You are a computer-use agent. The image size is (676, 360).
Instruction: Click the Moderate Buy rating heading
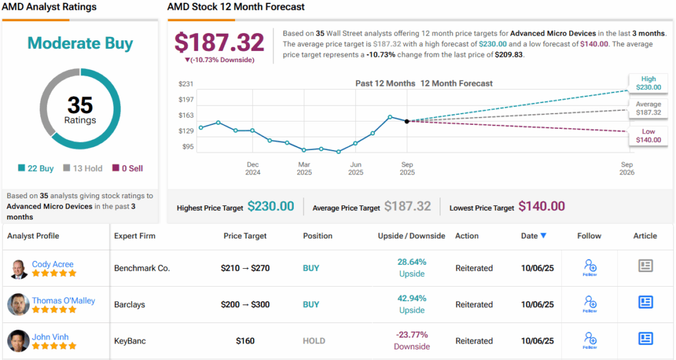coord(80,44)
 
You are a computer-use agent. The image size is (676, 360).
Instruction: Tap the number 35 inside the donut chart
coord(80,105)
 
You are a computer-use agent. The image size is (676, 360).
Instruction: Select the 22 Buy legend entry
coord(38,168)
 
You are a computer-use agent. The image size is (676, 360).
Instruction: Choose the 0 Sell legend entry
coord(127,168)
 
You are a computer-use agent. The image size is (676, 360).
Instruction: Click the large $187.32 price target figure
coord(219,43)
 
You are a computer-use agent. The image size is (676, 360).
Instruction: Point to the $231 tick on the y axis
coord(186,84)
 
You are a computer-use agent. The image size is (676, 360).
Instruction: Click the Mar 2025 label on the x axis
coord(304,168)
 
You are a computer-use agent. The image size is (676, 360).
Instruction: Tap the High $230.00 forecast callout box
coord(648,83)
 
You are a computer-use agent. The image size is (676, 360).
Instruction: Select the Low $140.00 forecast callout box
coord(648,135)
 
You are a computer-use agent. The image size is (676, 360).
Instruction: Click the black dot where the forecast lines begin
coord(407,121)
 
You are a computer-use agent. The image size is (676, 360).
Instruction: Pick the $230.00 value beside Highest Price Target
coord(271,207)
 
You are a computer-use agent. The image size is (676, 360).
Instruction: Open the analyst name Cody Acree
coord(53,264)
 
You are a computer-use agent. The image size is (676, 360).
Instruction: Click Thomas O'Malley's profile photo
coord(18,305)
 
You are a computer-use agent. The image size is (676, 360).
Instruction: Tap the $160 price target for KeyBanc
coord(245,341)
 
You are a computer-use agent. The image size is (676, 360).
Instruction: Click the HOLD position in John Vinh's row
coord(314,341)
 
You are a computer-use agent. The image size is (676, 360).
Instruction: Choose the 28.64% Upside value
coord(411,262)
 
